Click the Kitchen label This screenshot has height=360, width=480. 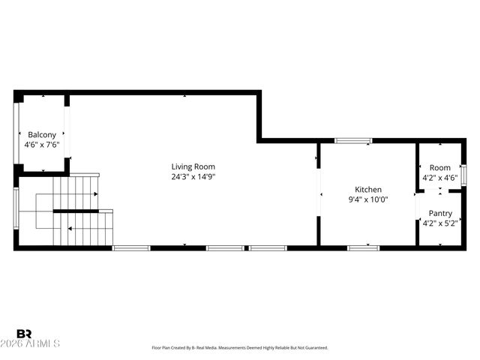pos(368,190)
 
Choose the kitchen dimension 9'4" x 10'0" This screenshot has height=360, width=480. pos(368,200)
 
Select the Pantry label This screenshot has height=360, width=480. pos(440,213)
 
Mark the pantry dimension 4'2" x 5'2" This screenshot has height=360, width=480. pos(440,223)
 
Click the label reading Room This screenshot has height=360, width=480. pos(440,167)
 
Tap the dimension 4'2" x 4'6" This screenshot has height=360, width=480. pos(440,178)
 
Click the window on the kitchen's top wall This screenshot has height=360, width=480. pos(353,140)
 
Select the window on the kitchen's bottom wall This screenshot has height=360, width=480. pos(364,247)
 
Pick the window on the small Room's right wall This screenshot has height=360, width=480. pos(464,174)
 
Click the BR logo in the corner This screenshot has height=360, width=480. pos(24,334)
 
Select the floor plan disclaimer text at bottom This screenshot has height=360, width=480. pos(240,348)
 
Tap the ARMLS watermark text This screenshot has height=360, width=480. pos(37,344)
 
